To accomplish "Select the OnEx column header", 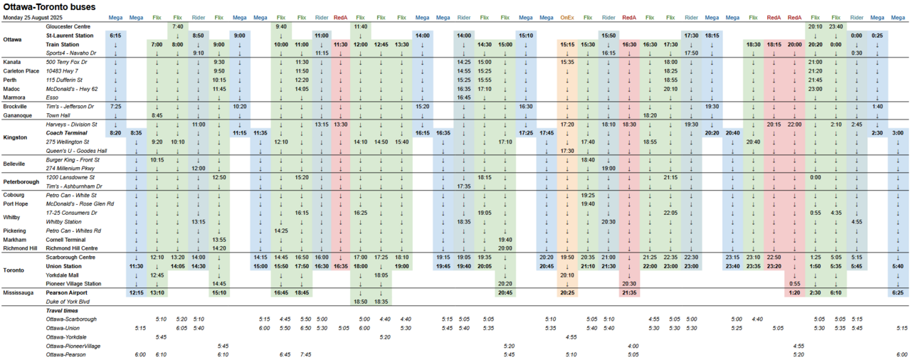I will pyautogui.click(x=567, y=17).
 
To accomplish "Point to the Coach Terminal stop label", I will pyautogui.click(x=67, y=133).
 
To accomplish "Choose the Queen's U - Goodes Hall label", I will pyautogui.click(x=76, y=151).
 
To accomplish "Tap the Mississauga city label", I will pyautogui.click(x=20, y=292).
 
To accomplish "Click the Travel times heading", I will pyautogui.click(x=63, y=311).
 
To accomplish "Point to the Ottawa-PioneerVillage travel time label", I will pyautogui.click(x=74, y=345).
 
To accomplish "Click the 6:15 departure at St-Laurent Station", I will pyautogui.click(x=115, y=35).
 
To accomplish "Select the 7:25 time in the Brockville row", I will pyautogui.click(x=115, y=106).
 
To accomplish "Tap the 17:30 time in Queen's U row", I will pyautogui.click(x=567, y=151).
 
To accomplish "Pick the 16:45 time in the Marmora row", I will pyautogui.click(x=464, y=97).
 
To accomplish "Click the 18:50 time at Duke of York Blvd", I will pyautogui.click(x=360, y=302).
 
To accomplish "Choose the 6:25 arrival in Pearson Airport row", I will pyautogui.click(x=898, y=292).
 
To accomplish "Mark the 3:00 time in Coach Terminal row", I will pyautogui.click(x=898, y=133).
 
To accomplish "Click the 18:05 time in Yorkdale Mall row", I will pyautogui.click(x=381, y=275).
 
